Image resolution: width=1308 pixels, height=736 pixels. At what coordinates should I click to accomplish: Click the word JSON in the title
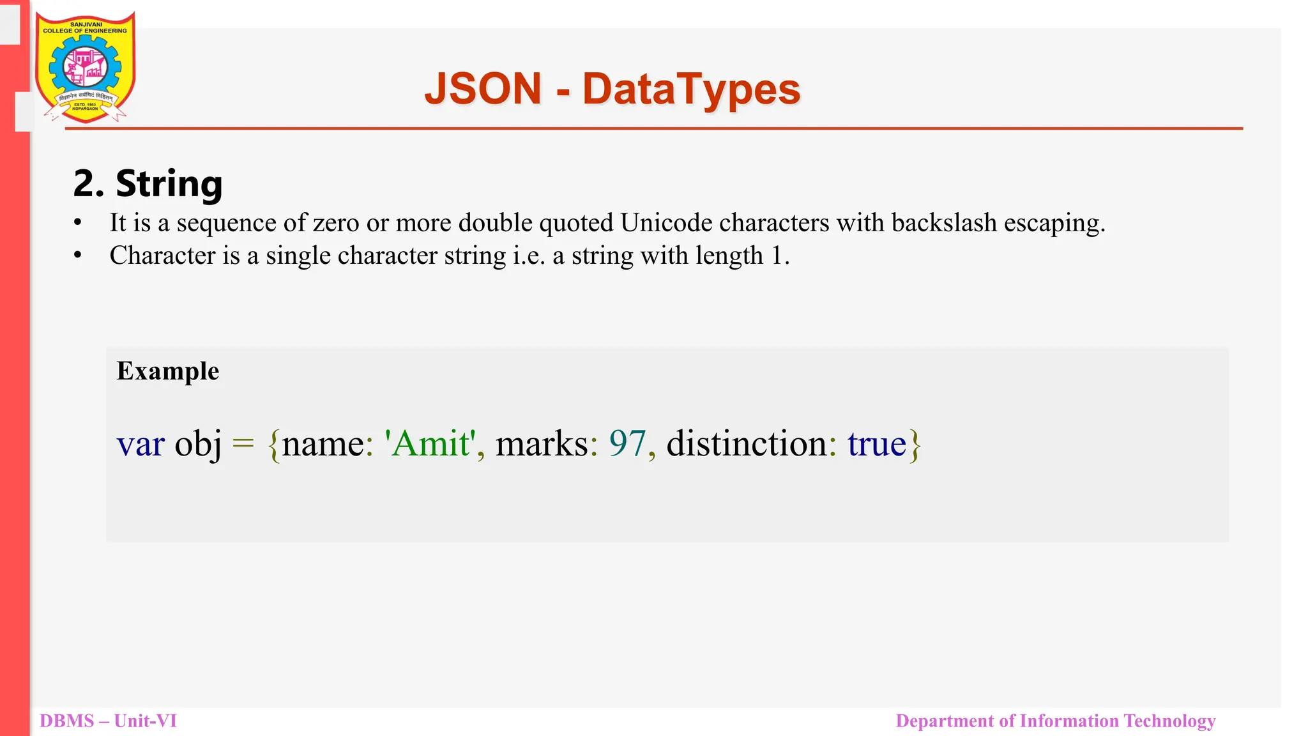483,89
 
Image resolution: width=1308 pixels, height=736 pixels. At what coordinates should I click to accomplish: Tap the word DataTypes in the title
691,89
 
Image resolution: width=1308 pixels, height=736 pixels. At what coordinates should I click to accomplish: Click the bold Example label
168,371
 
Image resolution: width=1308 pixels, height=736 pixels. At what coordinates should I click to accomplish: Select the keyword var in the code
141,443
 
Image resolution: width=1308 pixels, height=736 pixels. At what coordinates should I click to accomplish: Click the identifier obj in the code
198,443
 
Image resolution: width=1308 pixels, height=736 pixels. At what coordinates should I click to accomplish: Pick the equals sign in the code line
243,443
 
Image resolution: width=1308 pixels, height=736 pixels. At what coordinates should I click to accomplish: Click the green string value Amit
430,443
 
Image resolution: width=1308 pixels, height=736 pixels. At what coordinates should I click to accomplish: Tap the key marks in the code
542,443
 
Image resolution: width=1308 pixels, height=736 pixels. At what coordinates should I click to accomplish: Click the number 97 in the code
627,443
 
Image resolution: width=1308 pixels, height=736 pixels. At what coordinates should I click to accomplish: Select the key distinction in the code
747,443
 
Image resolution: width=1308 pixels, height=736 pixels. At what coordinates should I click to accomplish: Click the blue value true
876,443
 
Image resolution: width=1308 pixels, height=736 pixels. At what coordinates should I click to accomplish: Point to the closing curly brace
915,445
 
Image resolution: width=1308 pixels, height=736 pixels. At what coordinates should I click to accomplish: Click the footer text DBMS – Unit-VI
108,721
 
